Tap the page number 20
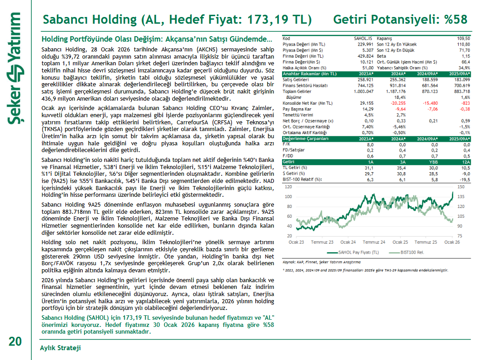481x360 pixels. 15,342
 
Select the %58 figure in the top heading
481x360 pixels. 456,20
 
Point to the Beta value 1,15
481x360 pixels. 465,56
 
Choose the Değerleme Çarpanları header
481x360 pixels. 303,139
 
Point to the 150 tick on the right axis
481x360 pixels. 460,186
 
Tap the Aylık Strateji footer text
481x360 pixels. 60,347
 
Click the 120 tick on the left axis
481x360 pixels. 288,186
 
